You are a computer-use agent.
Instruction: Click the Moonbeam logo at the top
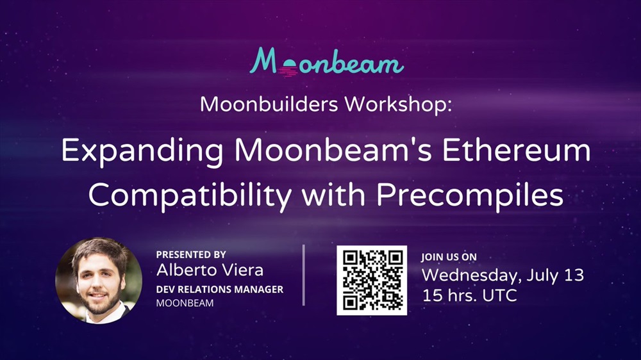click(x=327, y=62)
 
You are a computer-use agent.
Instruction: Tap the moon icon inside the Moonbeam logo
click(x=288, y=68)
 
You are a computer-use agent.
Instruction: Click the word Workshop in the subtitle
click(x=398, y=104)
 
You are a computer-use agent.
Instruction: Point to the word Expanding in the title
click(x=142, y=152)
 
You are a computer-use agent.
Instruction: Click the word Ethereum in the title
click(x=516, y=150)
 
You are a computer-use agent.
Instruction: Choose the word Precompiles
click(x=470, y=195)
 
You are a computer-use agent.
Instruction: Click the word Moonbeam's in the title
click(x=333, y=150)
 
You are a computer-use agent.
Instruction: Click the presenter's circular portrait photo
click(x=99, y=281)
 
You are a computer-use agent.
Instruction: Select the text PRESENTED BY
click(x=191, y=254)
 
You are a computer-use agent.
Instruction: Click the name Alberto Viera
click(x=210, y=270)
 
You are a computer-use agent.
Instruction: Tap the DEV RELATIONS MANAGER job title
click(x=219, y=290)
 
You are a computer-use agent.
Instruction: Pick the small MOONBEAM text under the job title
click(x=185, y=303)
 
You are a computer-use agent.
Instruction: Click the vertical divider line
click(x=304, y=275)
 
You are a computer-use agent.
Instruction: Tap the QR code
click(x=372, y=281)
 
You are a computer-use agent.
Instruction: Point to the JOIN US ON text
click(x=449, y=257)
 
